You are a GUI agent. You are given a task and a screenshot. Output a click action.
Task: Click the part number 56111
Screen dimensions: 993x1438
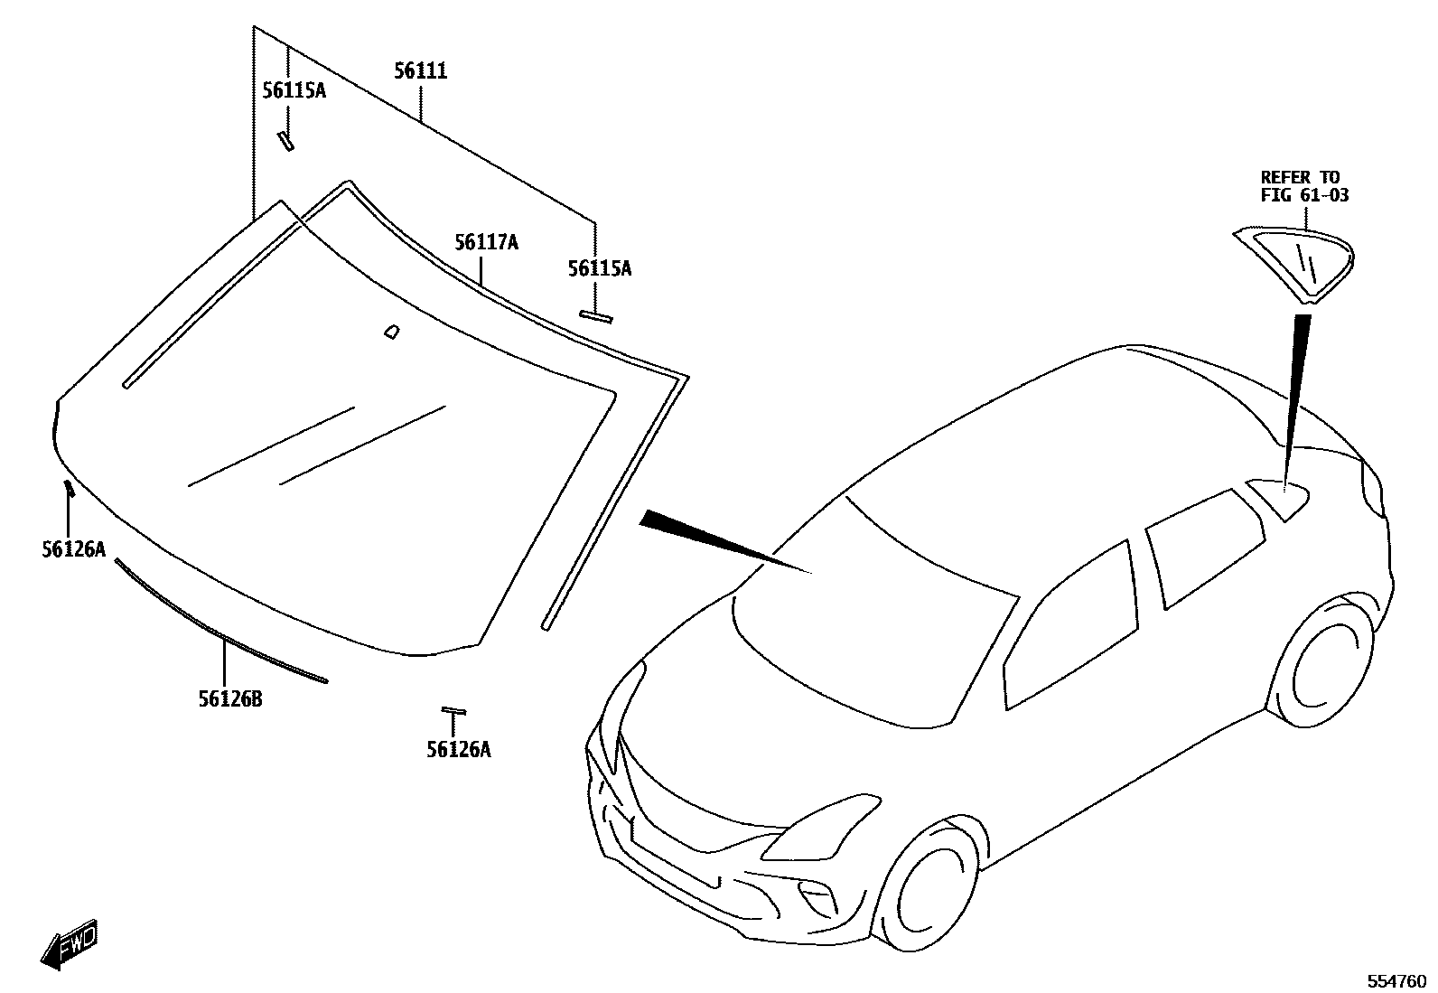(421, 71)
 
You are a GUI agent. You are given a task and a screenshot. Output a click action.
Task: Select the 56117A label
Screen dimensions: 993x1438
(486, 242)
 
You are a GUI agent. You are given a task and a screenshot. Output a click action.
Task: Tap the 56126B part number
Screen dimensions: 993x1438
(230, 698)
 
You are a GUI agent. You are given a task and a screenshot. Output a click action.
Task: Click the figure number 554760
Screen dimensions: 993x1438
(1396, 981)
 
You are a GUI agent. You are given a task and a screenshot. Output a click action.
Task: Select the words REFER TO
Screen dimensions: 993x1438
(1300, 177)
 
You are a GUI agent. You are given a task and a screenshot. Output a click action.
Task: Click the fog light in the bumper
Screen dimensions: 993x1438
(817, 896)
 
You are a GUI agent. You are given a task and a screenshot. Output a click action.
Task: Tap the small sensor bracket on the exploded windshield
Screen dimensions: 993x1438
(391, 332)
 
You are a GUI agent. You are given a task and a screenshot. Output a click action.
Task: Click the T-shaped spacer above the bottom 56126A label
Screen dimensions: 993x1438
(453, 712)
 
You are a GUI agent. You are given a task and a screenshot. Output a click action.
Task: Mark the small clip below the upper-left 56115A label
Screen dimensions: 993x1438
(286, 140)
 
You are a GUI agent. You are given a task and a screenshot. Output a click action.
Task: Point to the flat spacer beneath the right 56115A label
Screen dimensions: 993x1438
(595, 316)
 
